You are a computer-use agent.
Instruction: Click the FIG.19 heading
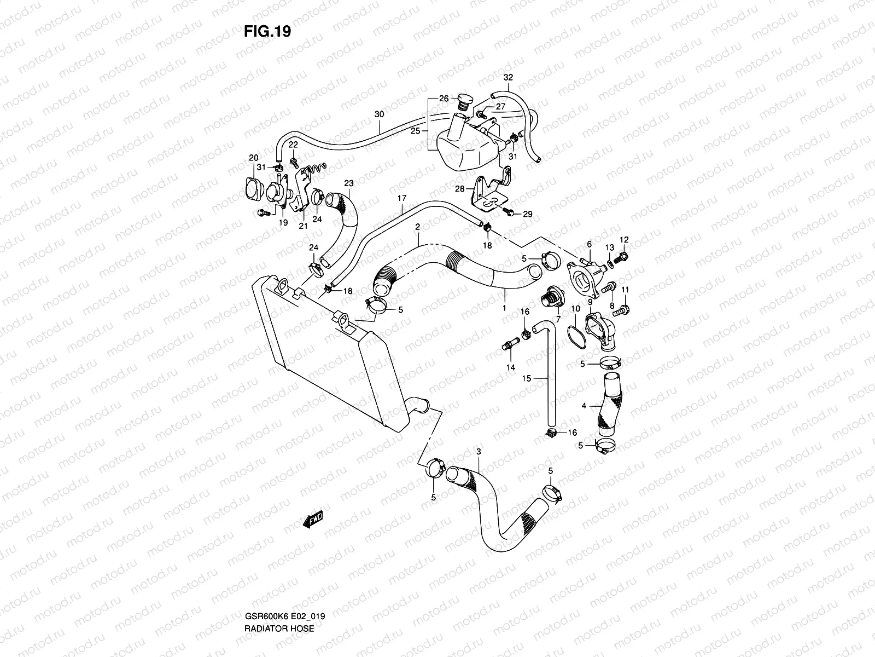[x=267, y=32]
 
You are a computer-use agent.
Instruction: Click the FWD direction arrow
[x=313, y=520]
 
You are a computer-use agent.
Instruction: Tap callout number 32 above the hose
[x=508, y=78]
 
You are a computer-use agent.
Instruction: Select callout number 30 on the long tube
[x=380, y=114]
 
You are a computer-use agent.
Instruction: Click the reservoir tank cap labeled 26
[x=464, y=103]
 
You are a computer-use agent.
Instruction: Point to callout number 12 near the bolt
[x=624, y=239]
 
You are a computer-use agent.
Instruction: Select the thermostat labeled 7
[x=549, y=301]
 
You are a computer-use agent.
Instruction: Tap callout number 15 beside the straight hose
[x=527, y=378]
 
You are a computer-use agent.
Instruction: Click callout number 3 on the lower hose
[x=479, y=452]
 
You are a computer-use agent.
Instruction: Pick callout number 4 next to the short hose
[x=584, y=406]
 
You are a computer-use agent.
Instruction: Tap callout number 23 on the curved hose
[x=349, y=183]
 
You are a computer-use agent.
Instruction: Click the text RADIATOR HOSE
[x=279, y=597]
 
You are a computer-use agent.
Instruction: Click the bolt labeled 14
[x=508, y=345]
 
